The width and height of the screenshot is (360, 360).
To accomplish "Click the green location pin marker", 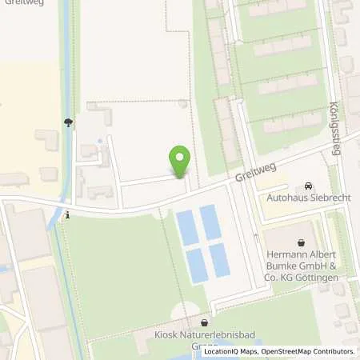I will coord(180,161).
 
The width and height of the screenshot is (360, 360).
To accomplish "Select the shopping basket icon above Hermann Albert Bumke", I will coord(302,242).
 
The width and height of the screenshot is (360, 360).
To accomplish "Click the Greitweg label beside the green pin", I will coord(250,171).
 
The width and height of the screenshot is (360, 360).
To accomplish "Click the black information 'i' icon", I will coord(68,214).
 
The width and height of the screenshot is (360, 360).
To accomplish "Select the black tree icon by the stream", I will coord(68,122).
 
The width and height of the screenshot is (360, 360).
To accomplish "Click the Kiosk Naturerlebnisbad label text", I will coord(203,336).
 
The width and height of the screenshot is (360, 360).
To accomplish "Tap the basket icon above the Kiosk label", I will coord(204,322).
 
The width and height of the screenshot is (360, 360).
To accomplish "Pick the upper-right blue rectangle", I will coord(210,223).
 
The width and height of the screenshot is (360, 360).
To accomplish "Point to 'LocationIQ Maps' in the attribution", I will coord(230,351).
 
